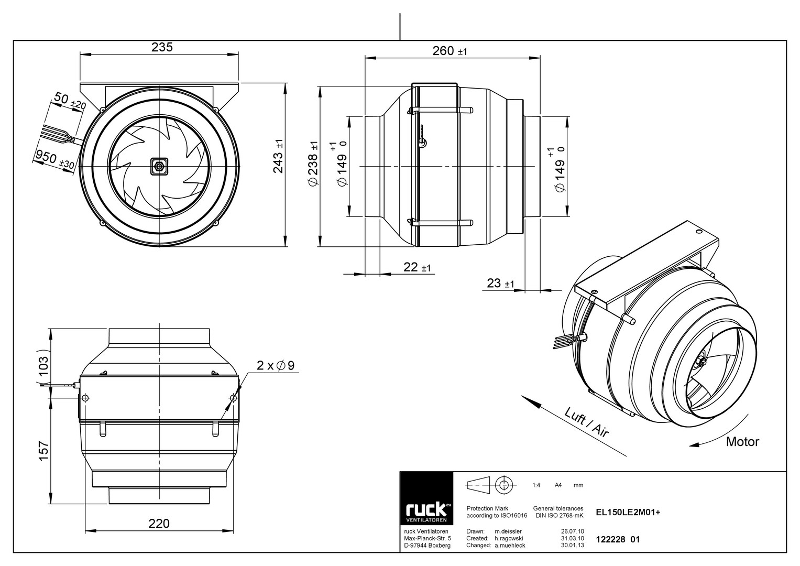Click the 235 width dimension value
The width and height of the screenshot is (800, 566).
[162, 47]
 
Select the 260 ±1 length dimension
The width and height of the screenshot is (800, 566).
[450, 51]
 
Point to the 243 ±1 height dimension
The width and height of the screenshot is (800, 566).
[278, 157]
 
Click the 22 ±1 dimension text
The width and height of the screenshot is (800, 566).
[417, 267]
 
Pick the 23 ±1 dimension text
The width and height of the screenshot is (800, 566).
[500, 283]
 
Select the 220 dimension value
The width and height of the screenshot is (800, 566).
[159, 524]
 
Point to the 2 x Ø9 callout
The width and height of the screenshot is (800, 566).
[276, 365]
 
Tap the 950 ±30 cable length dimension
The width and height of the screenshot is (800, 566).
[54, 159]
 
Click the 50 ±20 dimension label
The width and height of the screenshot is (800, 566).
[70, 101]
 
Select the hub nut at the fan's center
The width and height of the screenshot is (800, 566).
[159, 167]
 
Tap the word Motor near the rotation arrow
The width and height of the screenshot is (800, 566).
[742, 442]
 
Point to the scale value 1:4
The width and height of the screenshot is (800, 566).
[536, 485]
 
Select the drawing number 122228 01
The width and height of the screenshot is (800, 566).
[618, 540]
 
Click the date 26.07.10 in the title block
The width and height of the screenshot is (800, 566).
[573, 531]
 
